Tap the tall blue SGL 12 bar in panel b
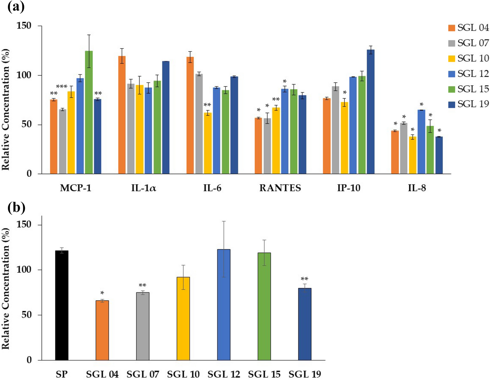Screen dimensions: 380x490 tap(224, 305)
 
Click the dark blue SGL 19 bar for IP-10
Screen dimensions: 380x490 tap(370, 111)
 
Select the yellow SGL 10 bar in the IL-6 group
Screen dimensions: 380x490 tap(207, 143)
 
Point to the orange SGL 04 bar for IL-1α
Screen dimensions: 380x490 tap(122, 115)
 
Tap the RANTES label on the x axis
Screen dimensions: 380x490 tap(280, 188)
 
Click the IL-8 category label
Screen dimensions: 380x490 tap(417, 188)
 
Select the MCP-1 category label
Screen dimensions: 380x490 tap(75, 188)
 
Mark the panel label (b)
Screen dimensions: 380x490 tap(16, 208)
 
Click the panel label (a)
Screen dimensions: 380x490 tap(15, 6)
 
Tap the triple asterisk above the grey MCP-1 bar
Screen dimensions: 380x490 tap(62, 87)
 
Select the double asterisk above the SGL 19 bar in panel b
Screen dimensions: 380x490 tap(304, 279)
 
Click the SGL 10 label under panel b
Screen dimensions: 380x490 tap(183, 374)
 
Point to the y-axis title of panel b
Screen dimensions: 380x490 tap(6, 289)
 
